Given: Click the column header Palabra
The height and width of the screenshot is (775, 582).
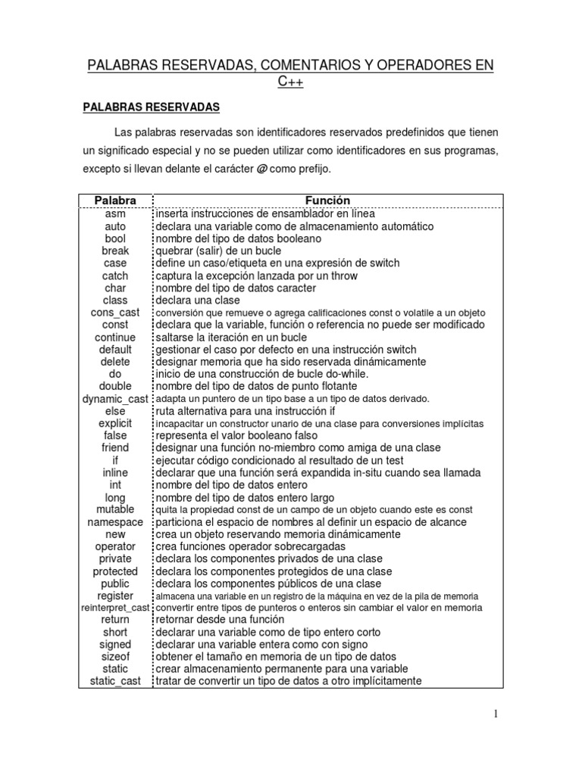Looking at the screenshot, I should click(115, 201).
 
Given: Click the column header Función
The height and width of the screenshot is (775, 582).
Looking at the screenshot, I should click(327, 201).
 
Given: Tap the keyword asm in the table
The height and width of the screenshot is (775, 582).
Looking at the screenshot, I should click(115, 213).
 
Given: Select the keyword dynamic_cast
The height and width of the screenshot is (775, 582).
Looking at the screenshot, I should click(115, 399).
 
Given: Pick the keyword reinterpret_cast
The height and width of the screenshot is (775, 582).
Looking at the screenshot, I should click(115, 608).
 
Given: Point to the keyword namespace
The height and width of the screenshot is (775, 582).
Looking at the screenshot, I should click(115, 522).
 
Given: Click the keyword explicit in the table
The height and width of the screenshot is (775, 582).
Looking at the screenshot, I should click(115, 423).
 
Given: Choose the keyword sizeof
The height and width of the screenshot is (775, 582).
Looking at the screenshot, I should click(115, 657).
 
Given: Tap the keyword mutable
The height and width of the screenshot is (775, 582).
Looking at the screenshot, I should click(115, 509).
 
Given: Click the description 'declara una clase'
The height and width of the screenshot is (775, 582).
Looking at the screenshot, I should click(199, 300).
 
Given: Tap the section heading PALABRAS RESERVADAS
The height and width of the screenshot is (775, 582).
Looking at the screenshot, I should click(151, 108).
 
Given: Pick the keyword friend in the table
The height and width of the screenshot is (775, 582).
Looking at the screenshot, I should click(115, 448).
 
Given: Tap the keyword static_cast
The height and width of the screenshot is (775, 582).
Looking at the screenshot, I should click(115, 681).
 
